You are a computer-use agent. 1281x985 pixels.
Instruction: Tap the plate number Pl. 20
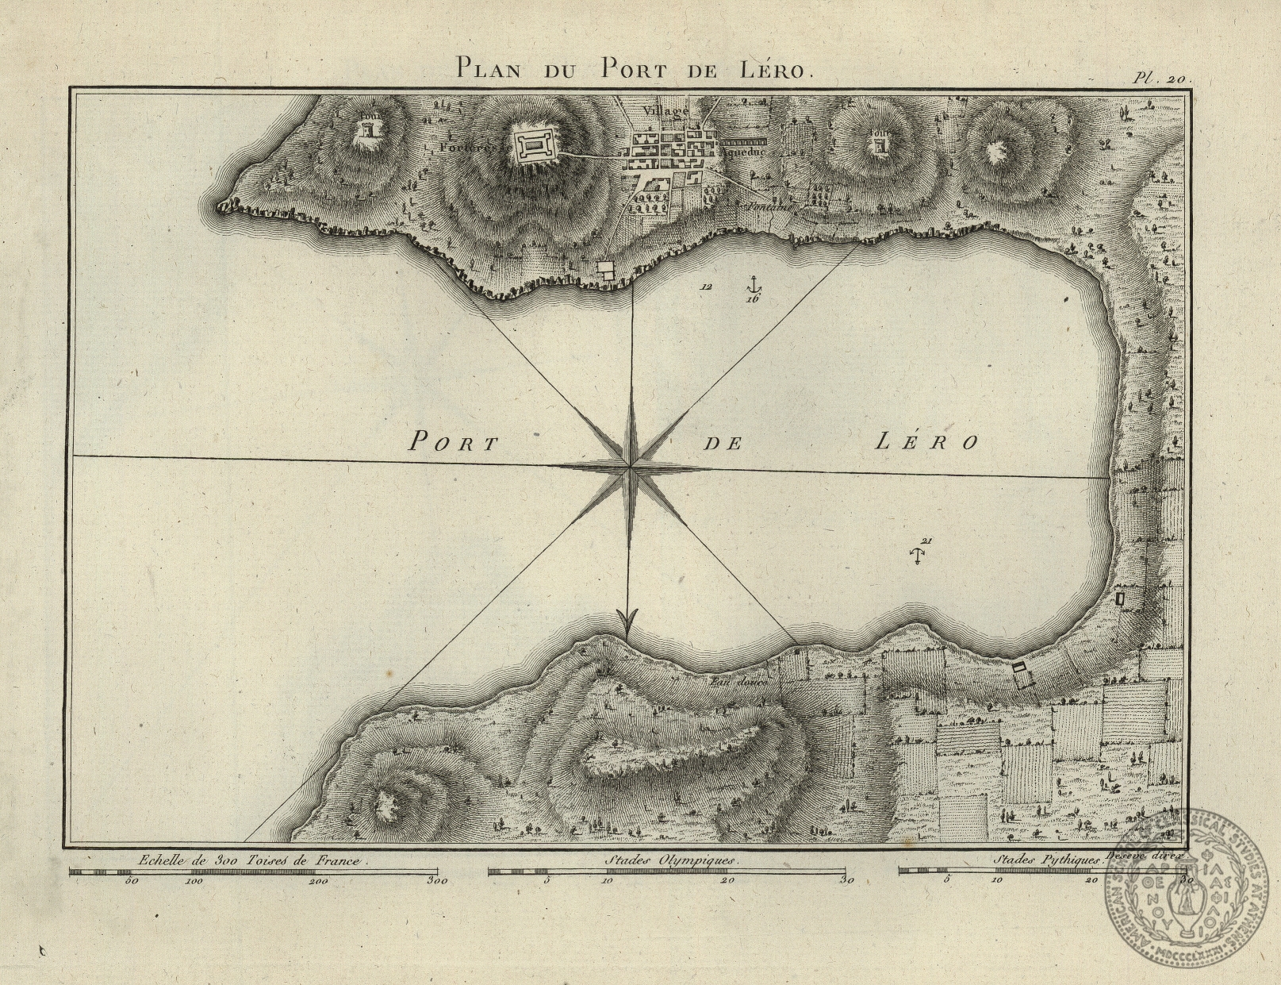click(x=1157, y=78)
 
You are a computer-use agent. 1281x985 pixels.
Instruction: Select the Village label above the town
click(x=665, y=111)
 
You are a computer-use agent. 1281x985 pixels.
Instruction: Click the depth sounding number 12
click(x=705, y=287)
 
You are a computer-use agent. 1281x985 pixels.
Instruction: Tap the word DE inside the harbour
click(x=723, y=444)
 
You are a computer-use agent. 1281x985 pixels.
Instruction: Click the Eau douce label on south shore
click(x=730, y=681)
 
